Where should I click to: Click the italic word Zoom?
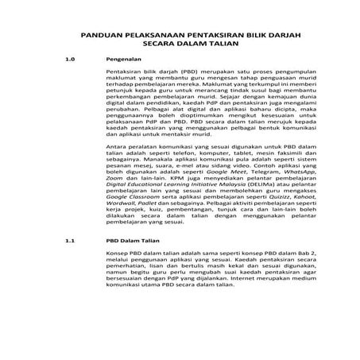(x=114, y=202)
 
